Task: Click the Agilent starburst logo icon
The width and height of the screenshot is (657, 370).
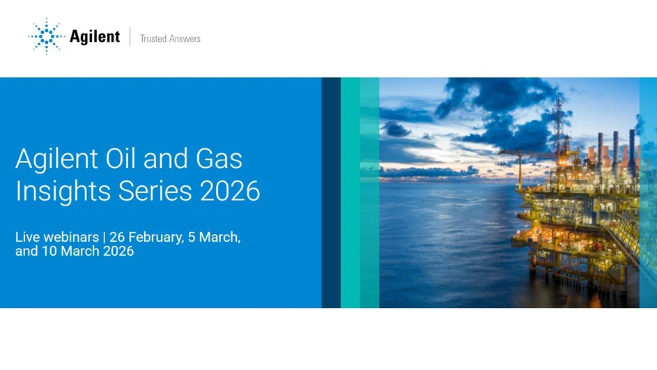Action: tap(46, 37)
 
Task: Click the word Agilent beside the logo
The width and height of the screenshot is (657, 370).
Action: tap(95, 37)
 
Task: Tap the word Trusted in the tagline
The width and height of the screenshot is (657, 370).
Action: tap(153, 39)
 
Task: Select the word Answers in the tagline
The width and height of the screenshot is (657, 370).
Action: tap(184, 39)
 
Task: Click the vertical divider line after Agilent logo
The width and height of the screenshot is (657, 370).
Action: tap(130, 37)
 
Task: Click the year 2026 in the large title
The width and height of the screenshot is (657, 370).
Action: tap(230, 191)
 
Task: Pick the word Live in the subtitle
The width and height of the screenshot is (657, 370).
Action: tap(28, 238)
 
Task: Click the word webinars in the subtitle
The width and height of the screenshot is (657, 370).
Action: tap(72, 238)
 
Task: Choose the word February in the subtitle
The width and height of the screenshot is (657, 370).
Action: tap(153, 238)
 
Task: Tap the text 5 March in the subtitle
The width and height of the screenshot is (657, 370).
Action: tap(212, 238)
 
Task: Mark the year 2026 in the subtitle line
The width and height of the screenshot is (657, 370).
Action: tap(118, 251)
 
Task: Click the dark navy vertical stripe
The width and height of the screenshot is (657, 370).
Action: tap(331, 192)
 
